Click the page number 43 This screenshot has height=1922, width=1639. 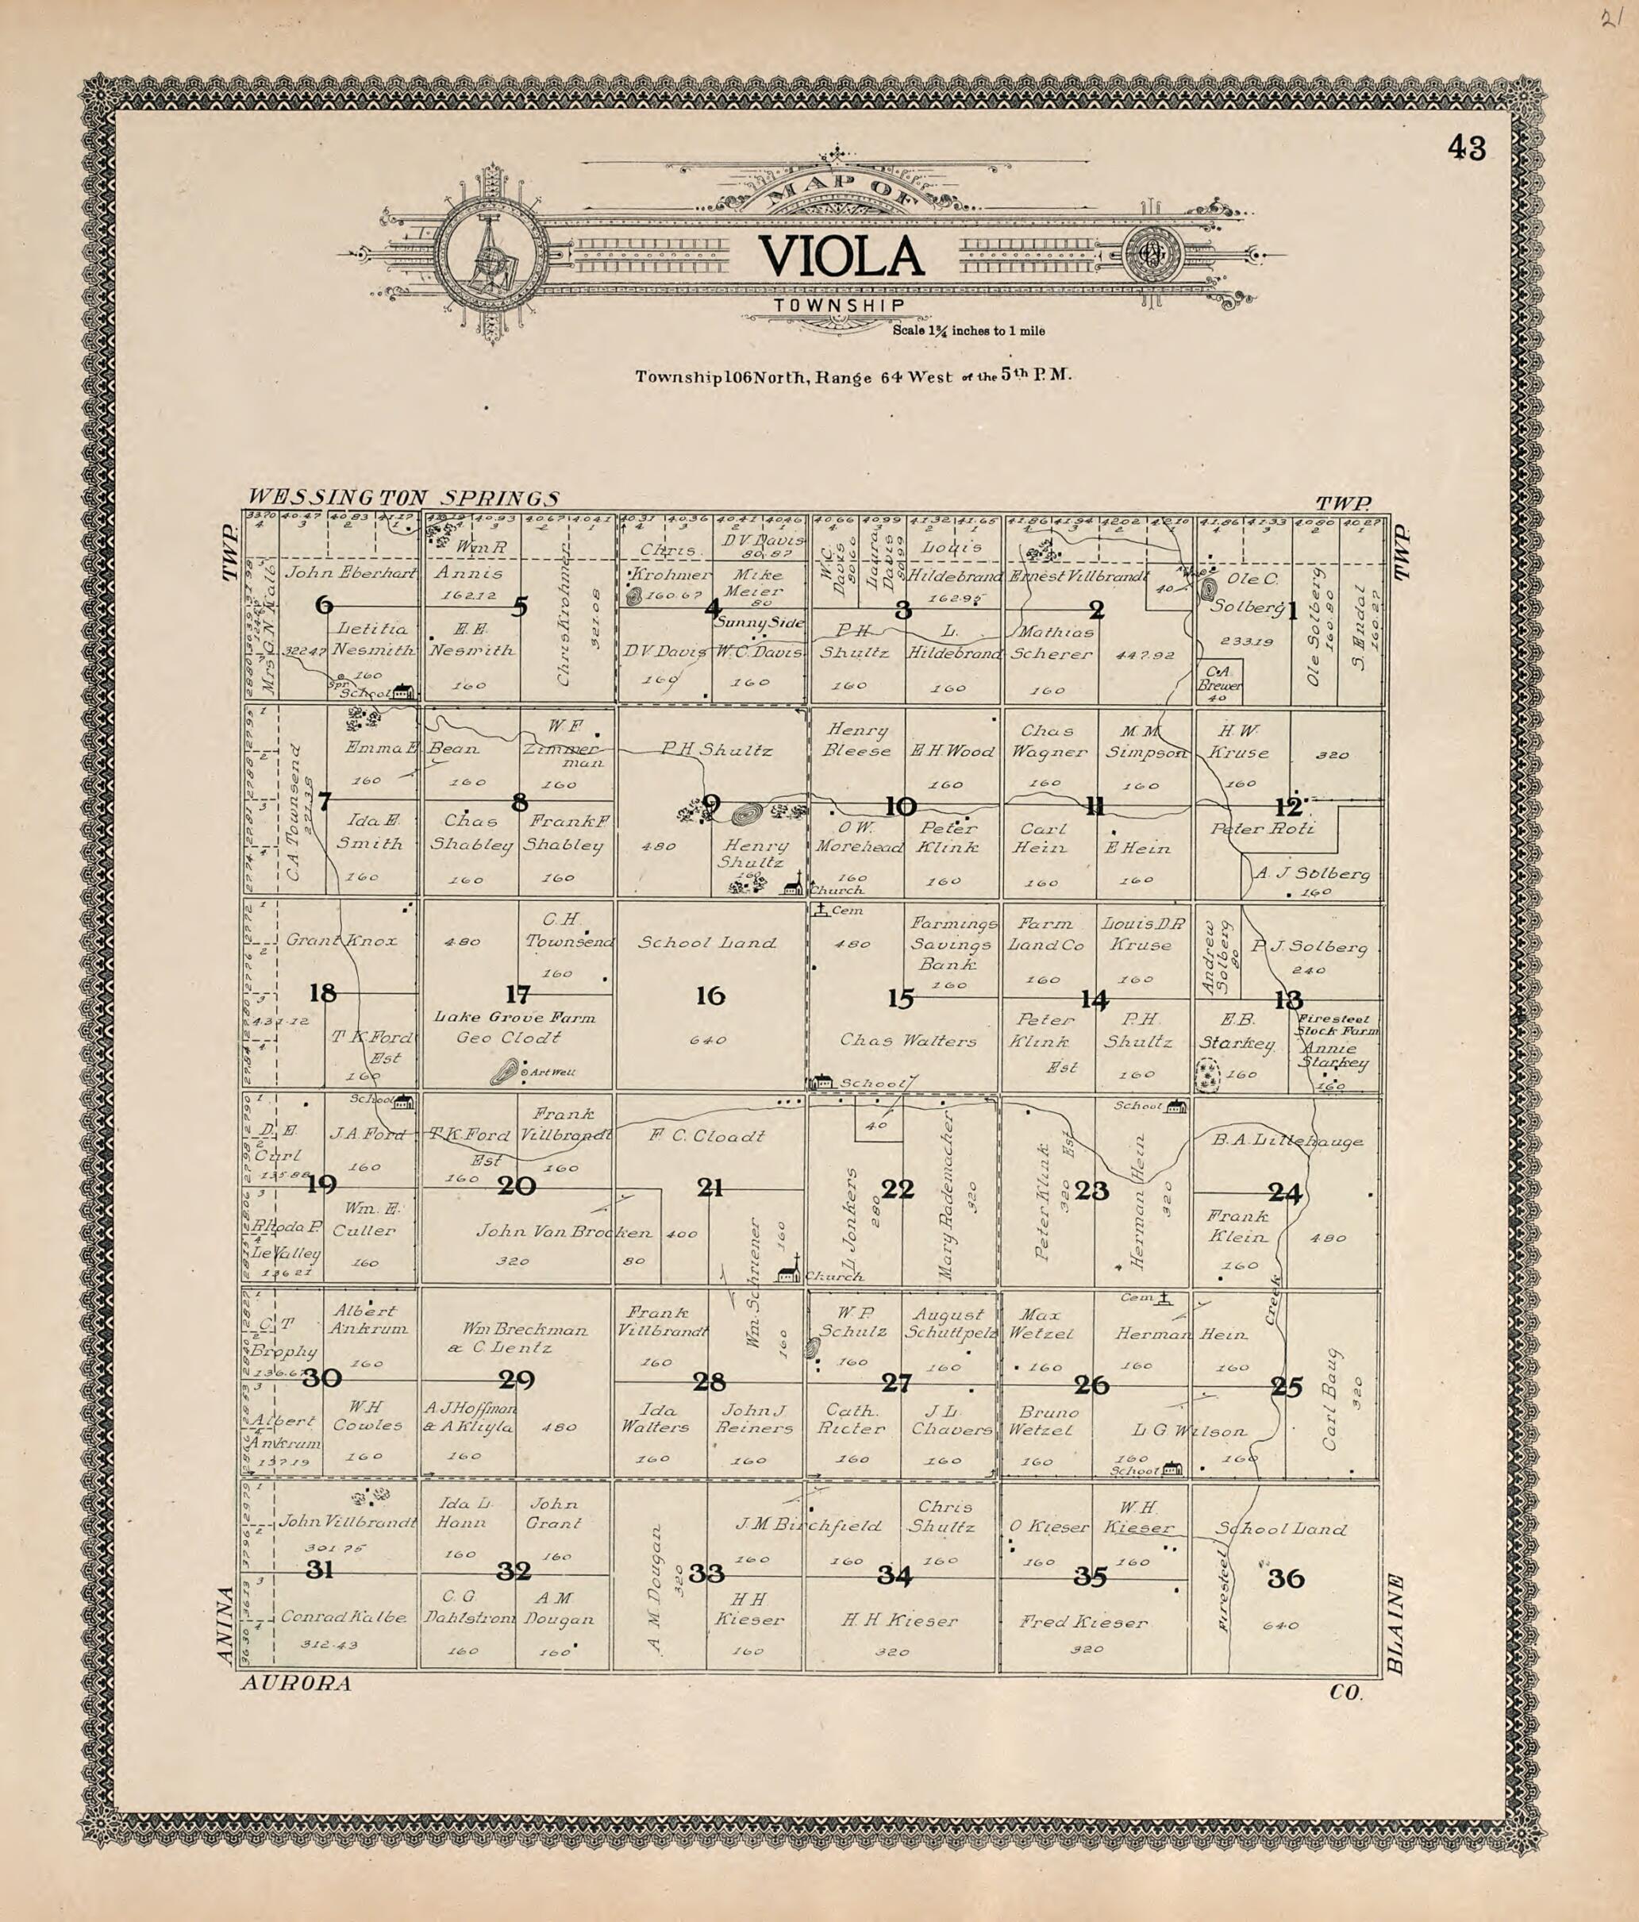pyautogui.click(x=1467, y=148)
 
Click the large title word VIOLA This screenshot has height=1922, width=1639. pyautogui.click(x=841, y=257)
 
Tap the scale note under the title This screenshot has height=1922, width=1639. pyautogui.click(x=969, y=330)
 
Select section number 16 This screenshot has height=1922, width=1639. pyautogui.click(x=710, y=996)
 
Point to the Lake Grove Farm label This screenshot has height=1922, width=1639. pyautogui.click(x=515, y=1018)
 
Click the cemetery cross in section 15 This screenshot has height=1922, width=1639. pyautogui.click(x=820, y=910)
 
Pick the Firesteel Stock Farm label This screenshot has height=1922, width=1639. pyautogui.click(x=1337, y=1023)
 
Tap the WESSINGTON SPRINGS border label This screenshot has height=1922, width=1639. pyautogui.click(x=405, y=498)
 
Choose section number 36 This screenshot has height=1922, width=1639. pyautogui.click(x=1286, y=1578)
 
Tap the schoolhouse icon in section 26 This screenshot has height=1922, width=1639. pyautogui.click(x=1173, y=1469)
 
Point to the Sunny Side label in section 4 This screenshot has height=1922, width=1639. pyautogui.click(x=759, y=622)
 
